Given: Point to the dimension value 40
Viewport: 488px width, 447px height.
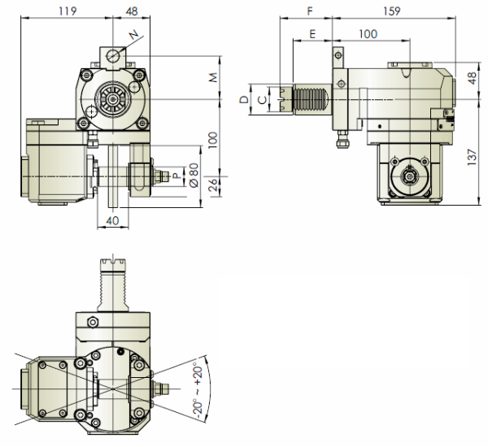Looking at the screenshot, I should point(112,219).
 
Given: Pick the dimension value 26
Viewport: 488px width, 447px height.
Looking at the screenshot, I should point(213,188).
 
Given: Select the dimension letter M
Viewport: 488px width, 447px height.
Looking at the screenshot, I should point(213,77).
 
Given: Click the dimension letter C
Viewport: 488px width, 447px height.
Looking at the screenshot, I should point(259,100).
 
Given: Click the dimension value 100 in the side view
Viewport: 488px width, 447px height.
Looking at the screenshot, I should point(368,34).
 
